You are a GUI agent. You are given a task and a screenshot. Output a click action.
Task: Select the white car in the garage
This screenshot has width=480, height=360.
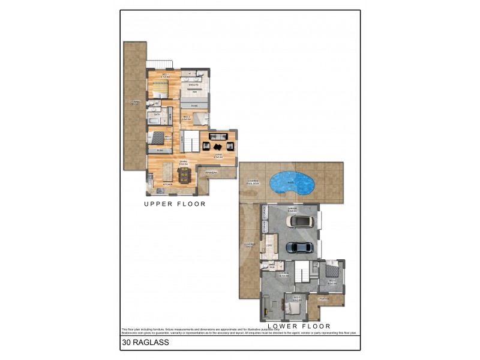point(300,221)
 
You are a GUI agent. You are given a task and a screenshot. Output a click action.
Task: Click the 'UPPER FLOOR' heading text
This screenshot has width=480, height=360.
point(175,204)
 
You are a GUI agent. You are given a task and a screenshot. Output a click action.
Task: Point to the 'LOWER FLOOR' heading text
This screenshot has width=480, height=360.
point(304,326)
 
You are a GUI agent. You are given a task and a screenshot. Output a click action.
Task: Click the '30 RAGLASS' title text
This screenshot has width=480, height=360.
point(145,343)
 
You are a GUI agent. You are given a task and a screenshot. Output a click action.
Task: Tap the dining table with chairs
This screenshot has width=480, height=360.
point(184,175)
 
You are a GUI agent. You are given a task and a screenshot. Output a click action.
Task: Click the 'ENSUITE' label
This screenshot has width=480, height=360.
point(193,85)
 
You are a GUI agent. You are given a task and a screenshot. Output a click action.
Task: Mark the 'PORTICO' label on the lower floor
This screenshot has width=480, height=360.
point(324,299)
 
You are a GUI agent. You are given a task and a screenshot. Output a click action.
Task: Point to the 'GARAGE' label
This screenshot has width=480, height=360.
point(293,209)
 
